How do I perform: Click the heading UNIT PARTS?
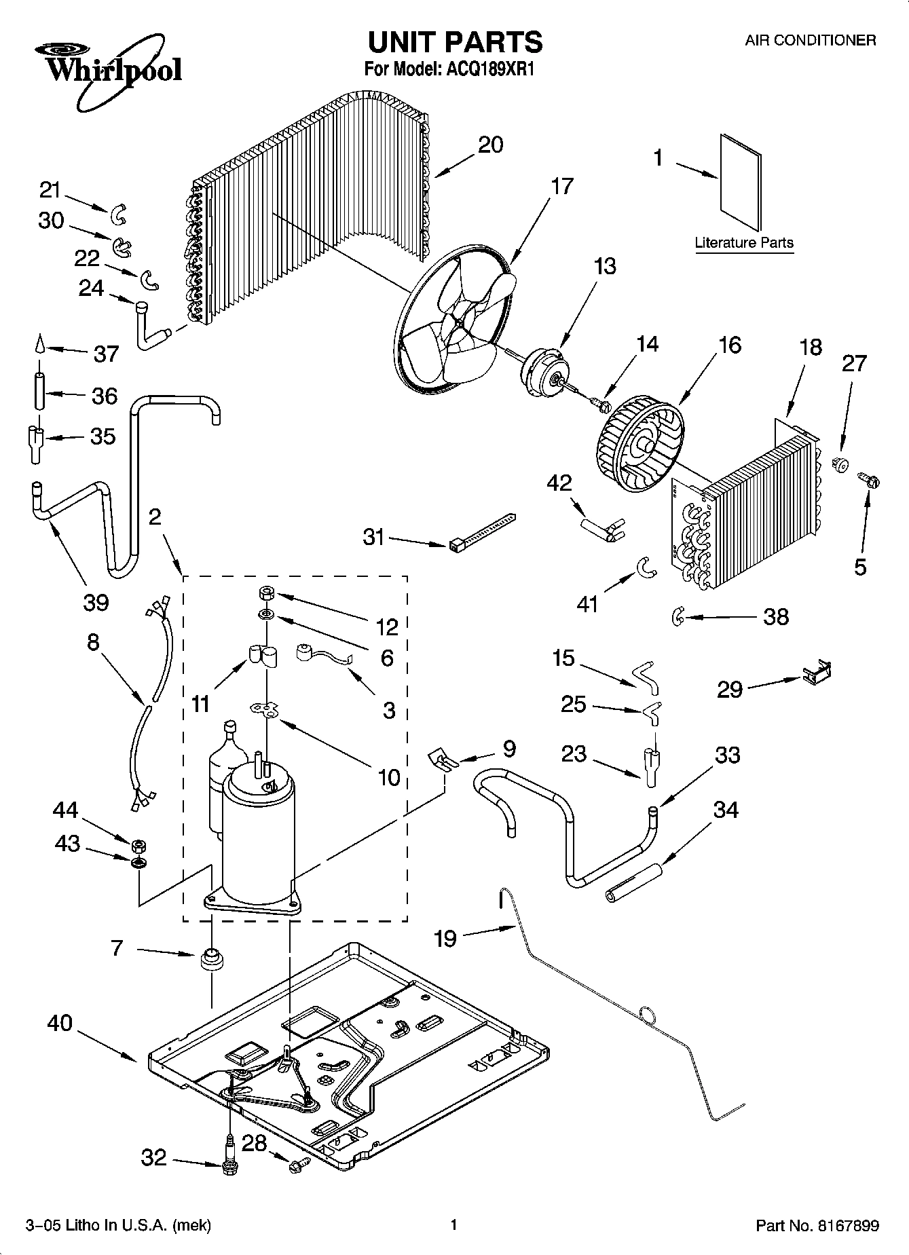point(454,42)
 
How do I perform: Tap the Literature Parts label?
point(743,242)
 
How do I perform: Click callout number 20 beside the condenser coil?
point(490,145)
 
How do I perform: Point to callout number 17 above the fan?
point(562,186)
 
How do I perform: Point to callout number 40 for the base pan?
point(60,1024)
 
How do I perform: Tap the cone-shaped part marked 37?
point(39,345)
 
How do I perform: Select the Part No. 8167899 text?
point(817,1225)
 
